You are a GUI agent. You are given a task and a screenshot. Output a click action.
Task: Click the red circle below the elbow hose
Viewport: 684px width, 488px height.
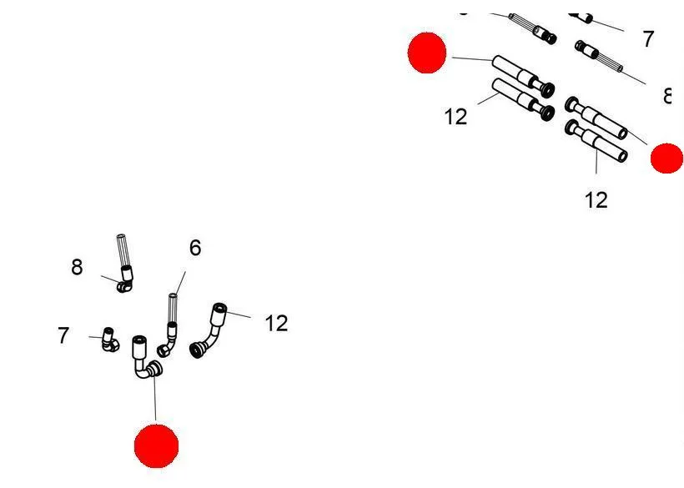156,446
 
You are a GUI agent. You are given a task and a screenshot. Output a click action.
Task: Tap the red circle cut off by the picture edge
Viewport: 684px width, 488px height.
667,158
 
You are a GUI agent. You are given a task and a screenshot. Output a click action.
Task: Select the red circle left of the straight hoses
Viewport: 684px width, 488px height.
427,53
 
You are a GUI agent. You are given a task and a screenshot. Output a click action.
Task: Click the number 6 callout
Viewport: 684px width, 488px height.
195,248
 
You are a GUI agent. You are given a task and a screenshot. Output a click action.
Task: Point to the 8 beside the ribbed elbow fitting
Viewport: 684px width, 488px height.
77,267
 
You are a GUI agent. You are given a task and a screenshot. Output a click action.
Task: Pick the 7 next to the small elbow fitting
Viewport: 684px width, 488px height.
63,335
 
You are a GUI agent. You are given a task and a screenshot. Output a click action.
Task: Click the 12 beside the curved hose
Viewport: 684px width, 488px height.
276,323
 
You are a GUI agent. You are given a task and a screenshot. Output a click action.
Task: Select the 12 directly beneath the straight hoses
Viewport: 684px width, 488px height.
596,200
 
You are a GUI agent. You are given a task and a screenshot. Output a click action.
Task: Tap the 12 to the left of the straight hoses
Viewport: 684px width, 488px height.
455,117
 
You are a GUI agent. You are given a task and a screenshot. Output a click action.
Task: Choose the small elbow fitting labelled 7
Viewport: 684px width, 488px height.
109,340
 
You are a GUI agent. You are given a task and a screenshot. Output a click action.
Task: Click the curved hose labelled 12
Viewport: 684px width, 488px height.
209,330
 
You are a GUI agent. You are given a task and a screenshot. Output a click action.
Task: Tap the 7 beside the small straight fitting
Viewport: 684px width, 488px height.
648,38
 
